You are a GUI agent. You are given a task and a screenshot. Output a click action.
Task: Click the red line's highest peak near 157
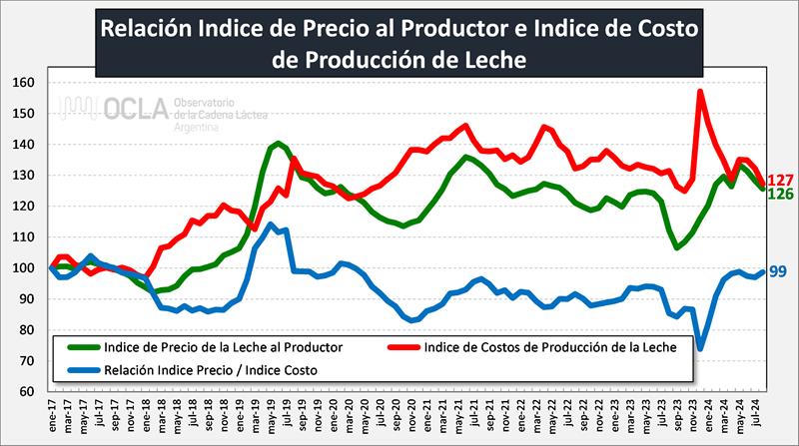click(700, 92)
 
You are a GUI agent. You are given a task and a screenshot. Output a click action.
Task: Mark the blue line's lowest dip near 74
click(700, 348)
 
